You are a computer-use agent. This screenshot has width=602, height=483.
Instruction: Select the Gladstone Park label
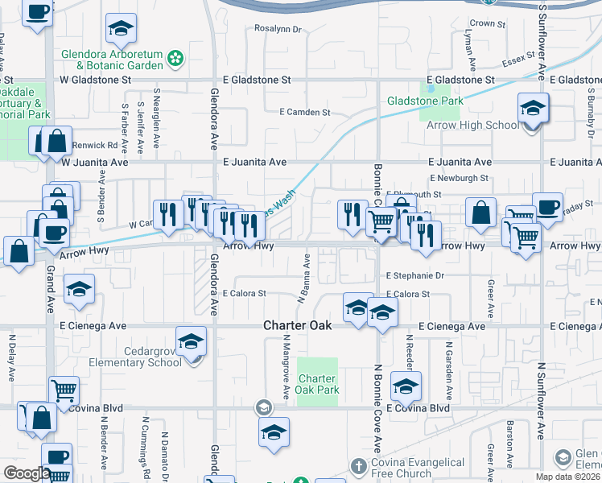425,101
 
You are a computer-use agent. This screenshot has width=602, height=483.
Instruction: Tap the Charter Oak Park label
319,384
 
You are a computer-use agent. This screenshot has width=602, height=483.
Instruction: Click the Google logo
27,473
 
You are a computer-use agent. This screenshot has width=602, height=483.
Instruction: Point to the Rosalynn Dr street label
277,29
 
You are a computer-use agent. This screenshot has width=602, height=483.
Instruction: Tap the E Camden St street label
304,112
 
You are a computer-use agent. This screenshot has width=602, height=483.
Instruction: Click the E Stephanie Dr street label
415,275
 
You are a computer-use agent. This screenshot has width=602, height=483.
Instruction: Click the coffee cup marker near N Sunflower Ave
547,208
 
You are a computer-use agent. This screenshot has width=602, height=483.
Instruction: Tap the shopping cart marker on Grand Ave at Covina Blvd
64,391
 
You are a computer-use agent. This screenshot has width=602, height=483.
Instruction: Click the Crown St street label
482,24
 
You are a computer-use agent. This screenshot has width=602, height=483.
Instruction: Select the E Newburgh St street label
459,178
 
